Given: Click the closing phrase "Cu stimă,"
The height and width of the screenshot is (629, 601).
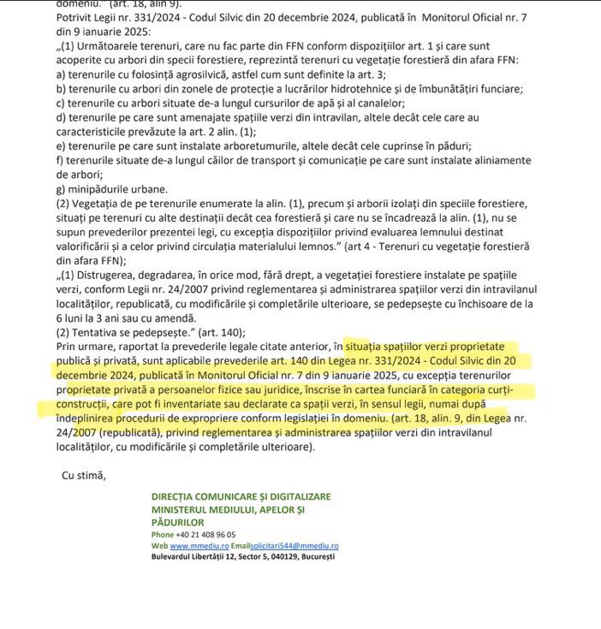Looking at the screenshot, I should (x=84, y=475).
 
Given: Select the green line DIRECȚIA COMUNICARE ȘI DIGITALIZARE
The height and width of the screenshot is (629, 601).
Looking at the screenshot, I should (x=241, y=496).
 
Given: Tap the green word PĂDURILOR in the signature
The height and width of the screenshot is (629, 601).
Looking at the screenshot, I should (x=177, y=522).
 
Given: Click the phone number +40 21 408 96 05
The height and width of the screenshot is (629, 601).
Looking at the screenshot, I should (x=205, y=534).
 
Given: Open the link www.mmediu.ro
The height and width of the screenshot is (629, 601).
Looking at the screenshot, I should (x=199, y=545).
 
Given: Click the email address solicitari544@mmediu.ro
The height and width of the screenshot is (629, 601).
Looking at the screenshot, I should (x=295, y=545).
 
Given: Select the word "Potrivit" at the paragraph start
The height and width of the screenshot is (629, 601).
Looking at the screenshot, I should (x=75, y=16).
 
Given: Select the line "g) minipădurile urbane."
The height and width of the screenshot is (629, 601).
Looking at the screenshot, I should (x=112, y=188).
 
